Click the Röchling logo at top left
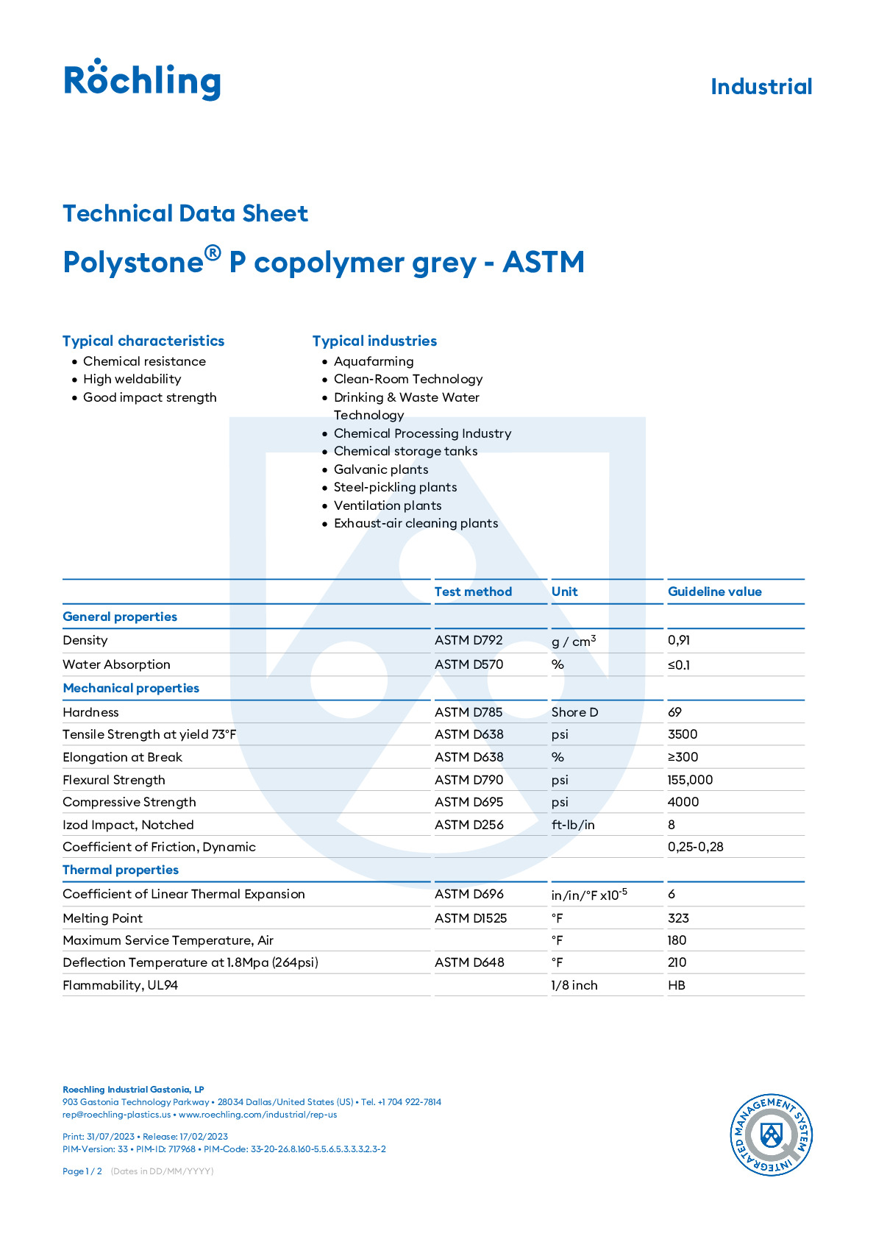[x=142, y=79]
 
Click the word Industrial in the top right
[x=761, y=87]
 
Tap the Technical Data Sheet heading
[x=185, y=213]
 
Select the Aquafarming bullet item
[x=373, y=361]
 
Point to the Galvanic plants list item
[x=380, y=469]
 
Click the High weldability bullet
[x=132, y=379]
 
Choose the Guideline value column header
[x=714, y=592]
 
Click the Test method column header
[x=473, y=592]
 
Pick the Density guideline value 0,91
[x=678, y=640]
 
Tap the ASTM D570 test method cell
[x=469, y=664]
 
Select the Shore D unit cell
[x=574, y=712]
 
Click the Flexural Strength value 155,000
[x=690, y=780]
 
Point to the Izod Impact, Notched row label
[x=128, y=825]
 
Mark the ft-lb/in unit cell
[x=573, y=825]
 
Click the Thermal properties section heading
[x=121, y=870]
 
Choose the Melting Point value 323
[x=678, y=918]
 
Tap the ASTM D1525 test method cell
[x=470, y=918]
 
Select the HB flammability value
[x=676, y=985]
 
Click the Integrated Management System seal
[x=770, y=1134]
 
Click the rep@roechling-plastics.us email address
[x=116, y=1115]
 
